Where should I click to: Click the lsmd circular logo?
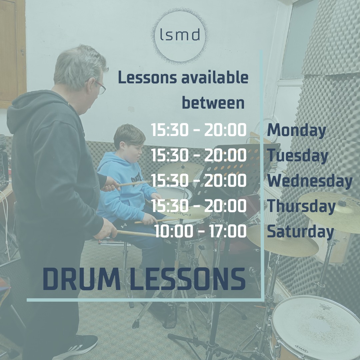click(180, 36)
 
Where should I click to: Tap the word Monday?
click(296, 131)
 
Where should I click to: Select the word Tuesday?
click(298, 156)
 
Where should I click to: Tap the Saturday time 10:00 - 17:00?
click(200, 231)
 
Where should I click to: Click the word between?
click(213, 103)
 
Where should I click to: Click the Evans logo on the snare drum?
click(301, 349)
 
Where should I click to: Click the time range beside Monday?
click(199, 130)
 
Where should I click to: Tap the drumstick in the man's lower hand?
click(136, 233)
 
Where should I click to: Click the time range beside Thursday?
click(199, 206)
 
